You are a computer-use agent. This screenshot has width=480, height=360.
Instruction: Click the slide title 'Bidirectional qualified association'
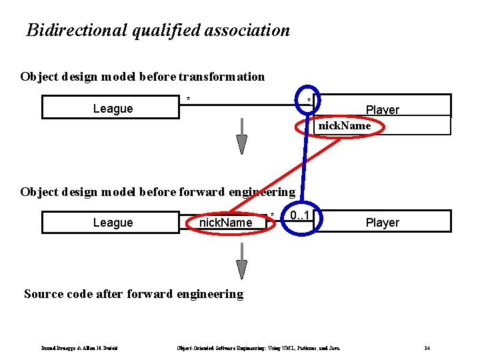pyautogui.click(x=158, y=30)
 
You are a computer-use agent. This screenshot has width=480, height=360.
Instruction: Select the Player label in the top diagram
pyautogui.click(x=383, y=109)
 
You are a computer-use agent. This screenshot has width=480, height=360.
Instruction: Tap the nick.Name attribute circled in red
pyautogui.click(x=344, y=125)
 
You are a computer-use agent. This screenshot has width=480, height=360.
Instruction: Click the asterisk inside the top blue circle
pyautogui.click(x=308, y=100)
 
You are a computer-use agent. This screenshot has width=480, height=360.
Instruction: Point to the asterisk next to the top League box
pyautogui.click(x=189, y=100)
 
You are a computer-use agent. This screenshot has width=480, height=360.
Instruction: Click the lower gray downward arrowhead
pyautogui.click(x=242, y=268)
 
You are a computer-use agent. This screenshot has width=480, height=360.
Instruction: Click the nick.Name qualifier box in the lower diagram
pyautogui.click(x=226, y=222)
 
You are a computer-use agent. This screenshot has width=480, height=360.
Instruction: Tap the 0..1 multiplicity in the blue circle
pyautogui.click(x=302, y=217)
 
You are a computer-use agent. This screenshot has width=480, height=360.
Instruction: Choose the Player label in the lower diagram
pyautogui.click(x=383, y=222)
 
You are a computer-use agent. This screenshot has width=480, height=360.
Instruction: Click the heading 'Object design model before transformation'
pyautogui.click(x=142, y=77)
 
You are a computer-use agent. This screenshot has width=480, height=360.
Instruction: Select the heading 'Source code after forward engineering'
pyautogui.click(x=133, y=294)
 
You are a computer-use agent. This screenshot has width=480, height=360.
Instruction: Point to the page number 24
pyautogui.click(x=427, y=347)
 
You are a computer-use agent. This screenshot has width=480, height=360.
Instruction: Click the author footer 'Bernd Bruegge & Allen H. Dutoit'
pyautogui.click(x=80, y=347)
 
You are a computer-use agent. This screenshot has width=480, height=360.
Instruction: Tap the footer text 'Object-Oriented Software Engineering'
pyautogui.click(x=217, y=347)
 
